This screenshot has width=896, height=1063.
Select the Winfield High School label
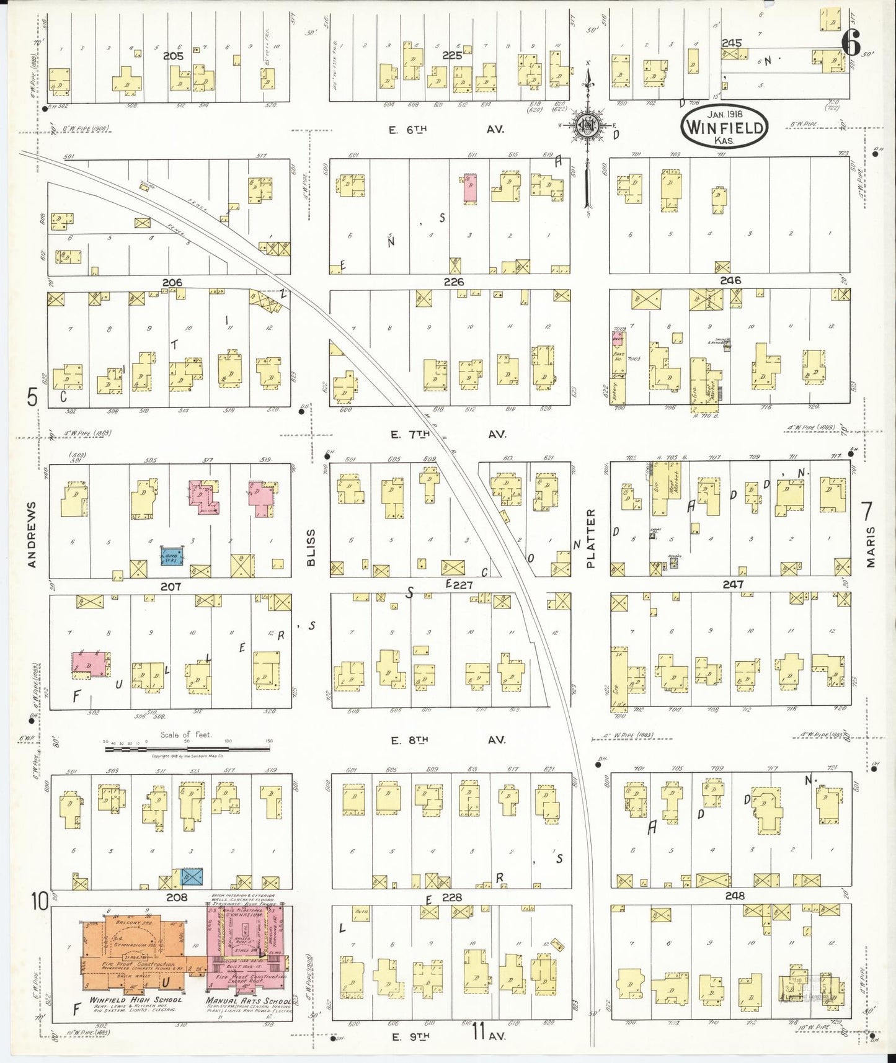[135, 1000]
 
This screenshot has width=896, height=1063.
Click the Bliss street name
[311, 547]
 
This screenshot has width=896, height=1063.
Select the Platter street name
[590, 538]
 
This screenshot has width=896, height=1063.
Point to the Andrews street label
[32, 534]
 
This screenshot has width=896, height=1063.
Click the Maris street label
[871, 546]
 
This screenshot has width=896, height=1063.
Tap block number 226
[453, 282]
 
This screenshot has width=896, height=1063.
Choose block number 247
[733, 584]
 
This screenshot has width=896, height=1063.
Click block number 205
[173, 56]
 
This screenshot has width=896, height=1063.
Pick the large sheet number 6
[851, 44]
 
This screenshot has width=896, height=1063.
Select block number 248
[734, 896]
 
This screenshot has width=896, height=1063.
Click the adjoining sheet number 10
[40, 901]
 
